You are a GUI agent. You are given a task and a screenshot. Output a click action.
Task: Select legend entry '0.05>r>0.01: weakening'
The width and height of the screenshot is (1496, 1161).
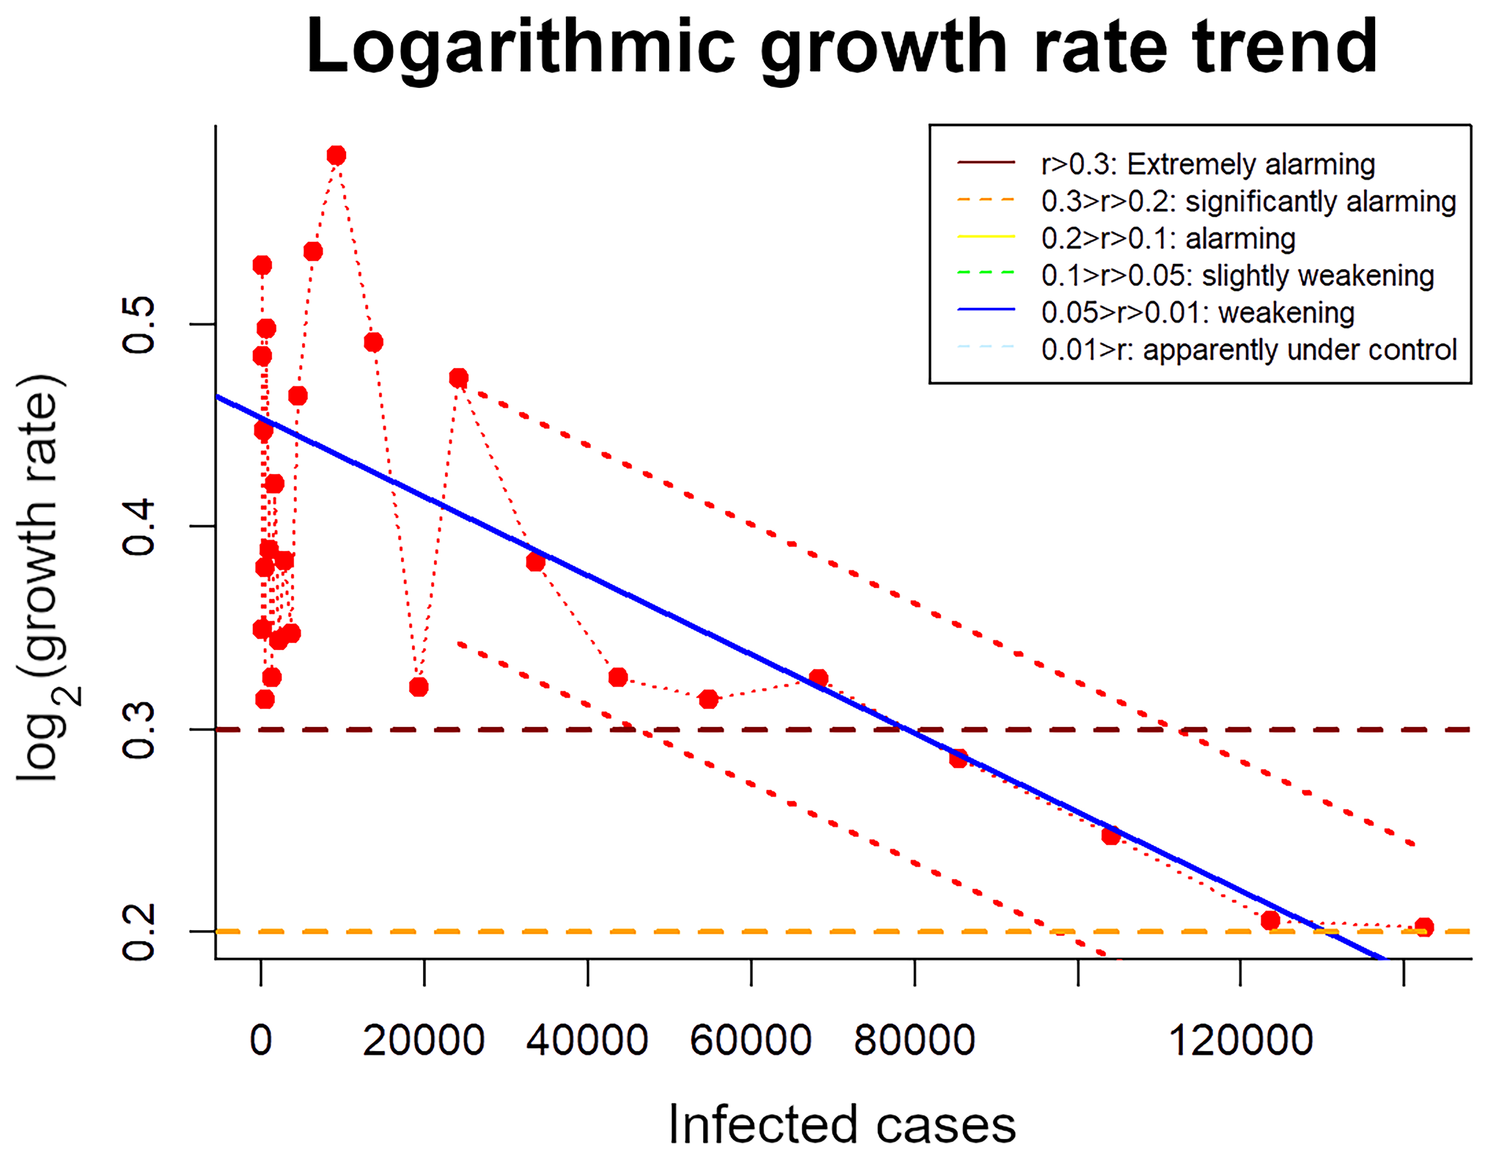click(1197, 312)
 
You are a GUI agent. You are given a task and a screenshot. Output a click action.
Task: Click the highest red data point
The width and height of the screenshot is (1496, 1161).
click(336, 156)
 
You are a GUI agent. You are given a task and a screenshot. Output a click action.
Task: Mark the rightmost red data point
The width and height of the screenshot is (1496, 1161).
click(1423, 927)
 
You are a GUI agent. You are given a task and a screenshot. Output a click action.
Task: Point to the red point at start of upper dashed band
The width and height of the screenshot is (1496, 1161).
click(458, 378)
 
